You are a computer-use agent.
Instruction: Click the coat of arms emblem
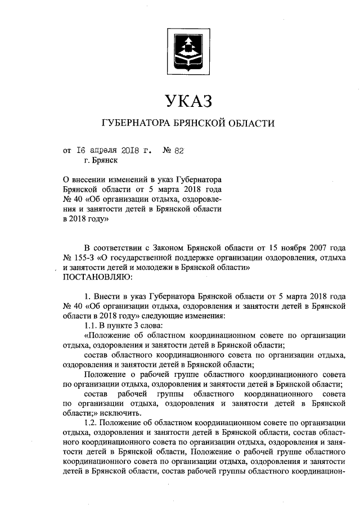click(x=188, y=51)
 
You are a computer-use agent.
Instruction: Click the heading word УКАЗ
click(x=188, y=101)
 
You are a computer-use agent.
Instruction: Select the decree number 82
click(x=179, y=150)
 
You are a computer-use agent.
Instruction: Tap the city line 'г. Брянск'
click(x=101, y=160)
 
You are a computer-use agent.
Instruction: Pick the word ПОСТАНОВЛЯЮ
click(x=97, y=277)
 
